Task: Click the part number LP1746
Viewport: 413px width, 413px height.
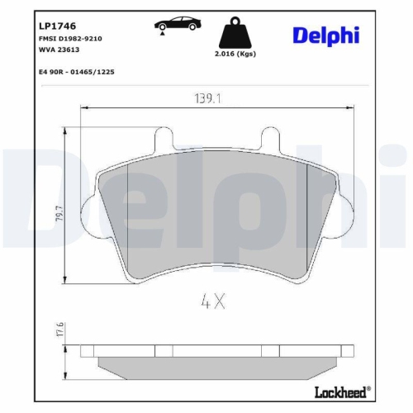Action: pos(45,25)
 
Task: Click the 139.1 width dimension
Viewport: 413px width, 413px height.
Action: pos(206,98)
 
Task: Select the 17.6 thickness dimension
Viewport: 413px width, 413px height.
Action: pos(58,330)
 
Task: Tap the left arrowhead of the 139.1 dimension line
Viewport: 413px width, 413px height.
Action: pos(83,107)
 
